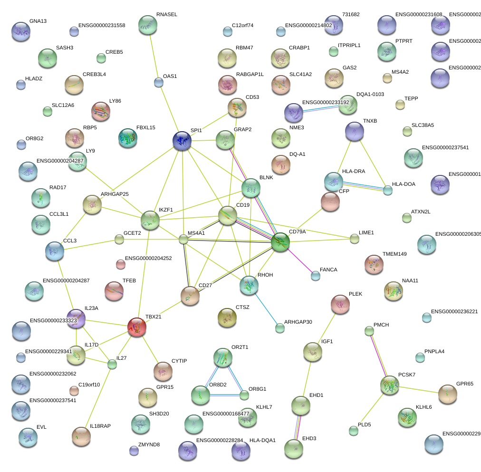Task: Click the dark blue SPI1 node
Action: coord(182,141)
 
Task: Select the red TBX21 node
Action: coord(136,327)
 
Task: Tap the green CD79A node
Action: coord(280,242)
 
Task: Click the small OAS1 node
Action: coord(159,83)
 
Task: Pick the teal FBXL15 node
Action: coord(128,137)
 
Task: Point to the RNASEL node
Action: coord(148,25)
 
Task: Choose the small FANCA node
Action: coord(315,275)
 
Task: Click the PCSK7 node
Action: coord(390,385)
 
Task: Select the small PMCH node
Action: coord(369,330)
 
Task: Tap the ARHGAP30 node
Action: coord(279,328)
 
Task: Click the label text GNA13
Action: coord(38,21)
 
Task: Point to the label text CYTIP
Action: coord(179,361)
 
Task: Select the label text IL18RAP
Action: coord(100,426)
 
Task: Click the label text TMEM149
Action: coord(394,254)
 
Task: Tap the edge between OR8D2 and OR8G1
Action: coord(222,395)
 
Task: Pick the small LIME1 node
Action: coord(354,239)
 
